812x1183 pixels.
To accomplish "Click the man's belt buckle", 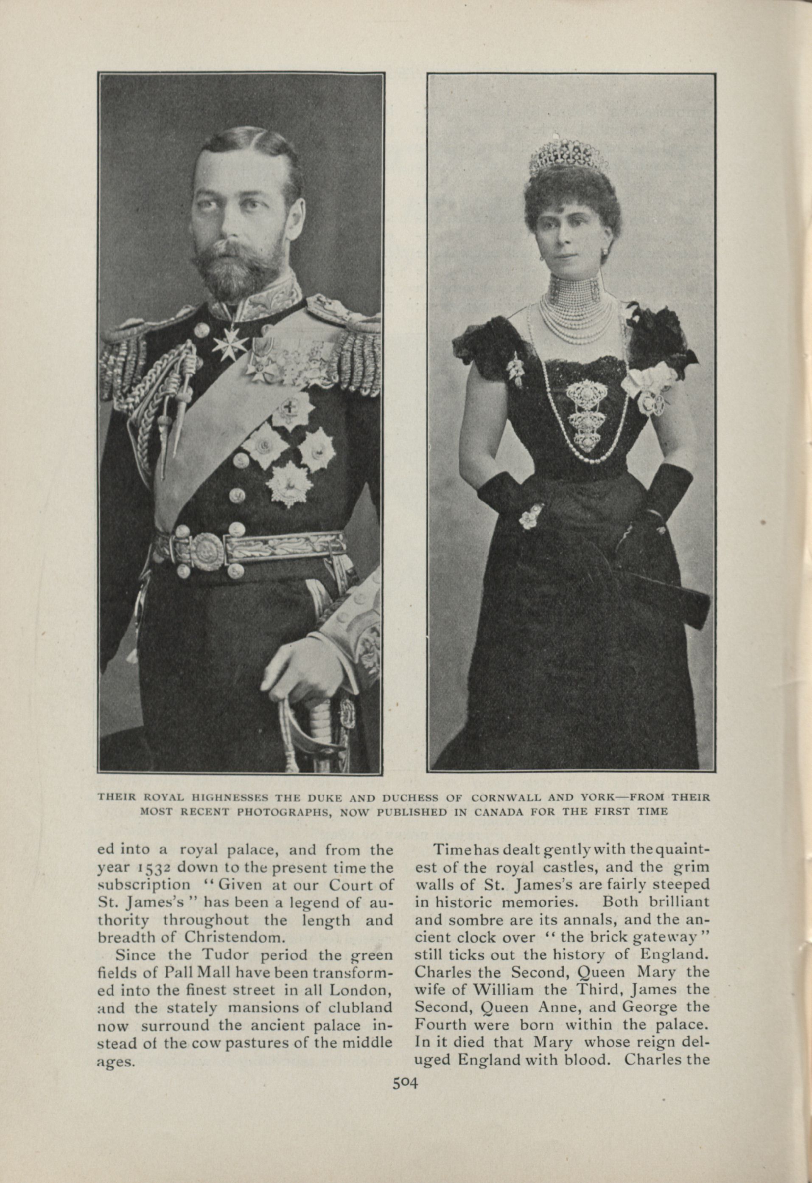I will (205, 551).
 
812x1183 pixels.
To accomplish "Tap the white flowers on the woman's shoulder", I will (649, 384).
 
